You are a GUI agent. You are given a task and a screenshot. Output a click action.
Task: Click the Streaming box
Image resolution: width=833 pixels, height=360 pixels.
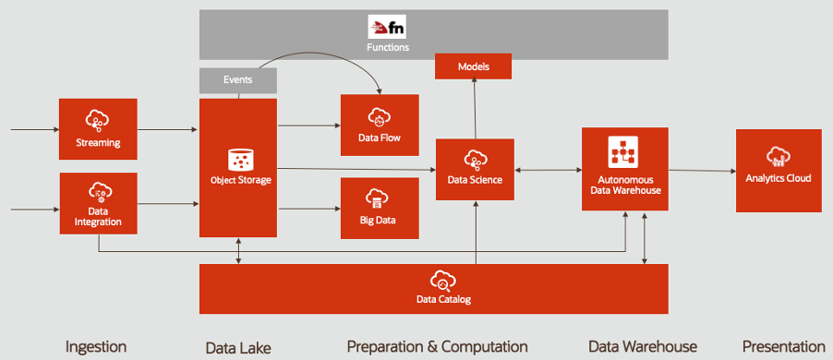point(98,129)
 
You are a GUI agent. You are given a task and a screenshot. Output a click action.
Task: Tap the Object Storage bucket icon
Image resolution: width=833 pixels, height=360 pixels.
point(239,158)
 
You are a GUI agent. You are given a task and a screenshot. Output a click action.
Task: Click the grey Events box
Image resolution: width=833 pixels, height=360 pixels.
point(238,80)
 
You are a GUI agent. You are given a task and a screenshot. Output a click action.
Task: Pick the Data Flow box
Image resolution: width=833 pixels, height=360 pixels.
point(380,125)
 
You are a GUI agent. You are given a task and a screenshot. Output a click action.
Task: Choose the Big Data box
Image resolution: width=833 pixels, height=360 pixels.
point(380,209)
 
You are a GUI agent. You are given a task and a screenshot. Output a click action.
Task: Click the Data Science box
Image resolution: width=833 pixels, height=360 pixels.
point(475,169)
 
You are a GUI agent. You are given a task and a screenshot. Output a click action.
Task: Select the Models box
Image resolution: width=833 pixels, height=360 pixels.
point(472,66)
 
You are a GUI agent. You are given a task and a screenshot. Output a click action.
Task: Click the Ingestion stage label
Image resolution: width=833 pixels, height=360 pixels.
point(96,346)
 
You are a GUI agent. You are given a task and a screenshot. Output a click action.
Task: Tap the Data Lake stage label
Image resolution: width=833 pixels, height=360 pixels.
point(238,347)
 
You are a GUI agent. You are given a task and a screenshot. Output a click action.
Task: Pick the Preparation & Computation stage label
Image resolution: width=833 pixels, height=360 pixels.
point(437,346)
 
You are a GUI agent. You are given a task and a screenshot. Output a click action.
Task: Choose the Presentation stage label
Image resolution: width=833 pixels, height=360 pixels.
point(782,346)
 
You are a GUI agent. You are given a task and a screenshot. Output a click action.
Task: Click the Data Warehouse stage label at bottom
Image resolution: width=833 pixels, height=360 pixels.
point(643,346)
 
